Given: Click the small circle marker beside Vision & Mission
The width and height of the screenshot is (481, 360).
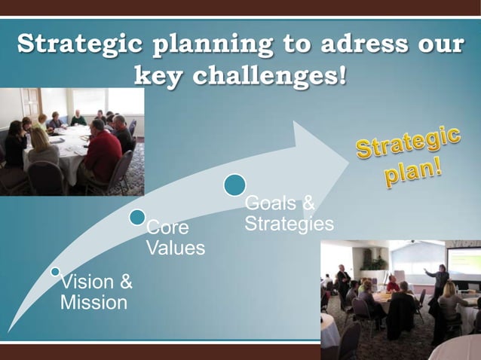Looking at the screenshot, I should [x=55, y=271].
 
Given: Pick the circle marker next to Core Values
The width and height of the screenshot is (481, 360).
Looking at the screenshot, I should [x=136, y=218].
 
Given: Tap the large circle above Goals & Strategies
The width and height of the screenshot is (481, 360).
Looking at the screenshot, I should [x=234, y=185].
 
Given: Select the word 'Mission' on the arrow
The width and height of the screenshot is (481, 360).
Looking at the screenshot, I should [x=93, y=303].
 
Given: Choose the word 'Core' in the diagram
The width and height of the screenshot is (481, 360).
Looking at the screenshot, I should [x=167, y=227].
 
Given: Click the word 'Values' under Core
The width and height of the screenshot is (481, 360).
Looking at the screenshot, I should [x=175, y=248].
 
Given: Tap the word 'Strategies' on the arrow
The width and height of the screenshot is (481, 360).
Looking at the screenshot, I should [x=289, y=224].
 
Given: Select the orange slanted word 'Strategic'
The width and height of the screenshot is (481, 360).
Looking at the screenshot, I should [x=408, y=144].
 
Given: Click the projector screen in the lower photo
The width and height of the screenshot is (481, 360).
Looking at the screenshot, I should [x=463, y=261].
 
